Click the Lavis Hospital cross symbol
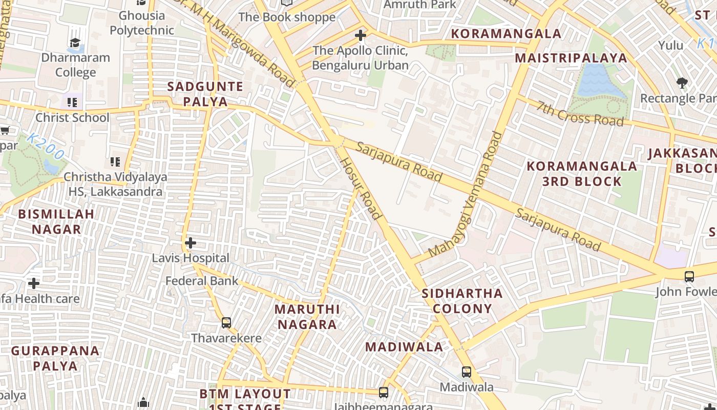[x=191, y=242]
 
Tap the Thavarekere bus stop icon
[x=226, y=323]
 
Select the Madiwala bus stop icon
[x=466, y=372]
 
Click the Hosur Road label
[x=361, y=188]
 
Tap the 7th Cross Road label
[x=580, y=113]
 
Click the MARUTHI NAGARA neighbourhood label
[x=307, y=317]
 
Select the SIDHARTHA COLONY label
[x=462, y=301]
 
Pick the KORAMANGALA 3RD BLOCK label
[x=582, y=174]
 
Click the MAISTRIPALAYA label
[x=571, y=58]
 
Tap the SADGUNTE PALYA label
[x=205, y=94]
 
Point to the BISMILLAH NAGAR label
[x=56, y=221]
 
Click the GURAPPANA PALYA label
[x=55, y=358]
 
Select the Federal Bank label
[x=202, y=281]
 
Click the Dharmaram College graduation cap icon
[x=75, y=43]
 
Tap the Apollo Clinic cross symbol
[x=361, y=35]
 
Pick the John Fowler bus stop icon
[x=689, y=277]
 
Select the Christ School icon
[x=72, y=102]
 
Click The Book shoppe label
[x=287, y=17]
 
